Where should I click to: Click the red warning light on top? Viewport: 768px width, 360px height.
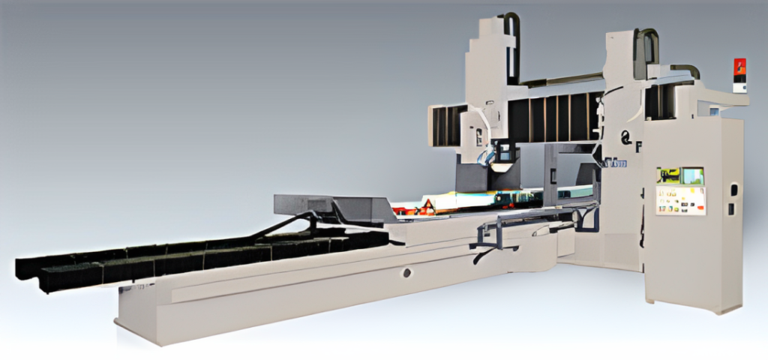(739, 68)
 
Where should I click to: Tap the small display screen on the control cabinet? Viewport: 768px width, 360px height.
(680, 176)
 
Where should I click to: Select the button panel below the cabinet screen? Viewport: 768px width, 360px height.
(681, 200)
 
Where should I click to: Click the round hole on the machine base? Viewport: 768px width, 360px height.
(407, 272)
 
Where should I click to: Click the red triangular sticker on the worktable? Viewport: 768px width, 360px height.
(427, 208)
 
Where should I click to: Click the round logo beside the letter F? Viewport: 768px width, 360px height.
(624, 136)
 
